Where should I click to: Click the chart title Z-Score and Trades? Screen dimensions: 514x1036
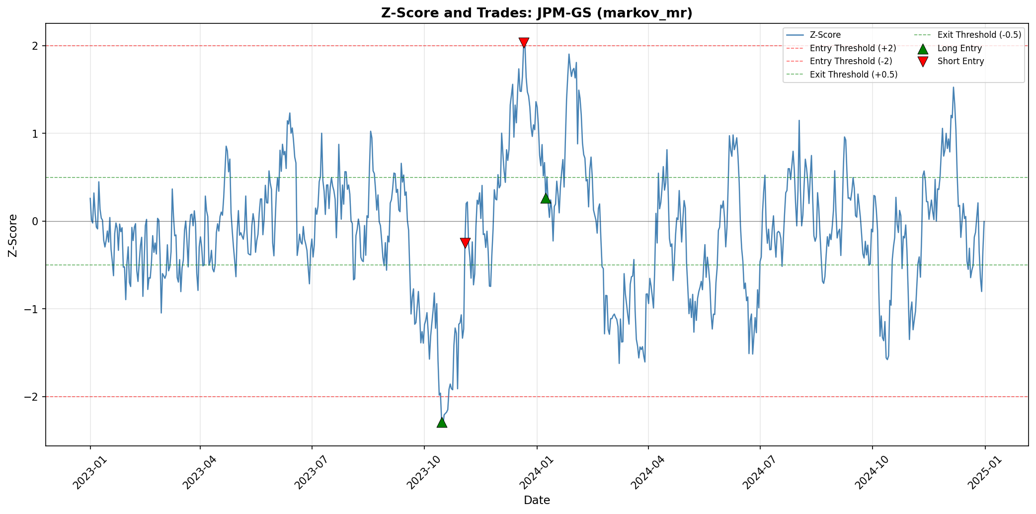tap(537, 13)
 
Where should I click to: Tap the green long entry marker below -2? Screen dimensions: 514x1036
tap(442, 422)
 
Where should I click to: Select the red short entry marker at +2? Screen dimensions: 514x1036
tap(524, 43)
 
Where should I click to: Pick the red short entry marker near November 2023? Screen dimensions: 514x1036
tap(465, 243)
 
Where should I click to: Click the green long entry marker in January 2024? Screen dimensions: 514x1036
tap(546, 198)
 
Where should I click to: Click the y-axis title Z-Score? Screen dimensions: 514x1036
tap(13, 235)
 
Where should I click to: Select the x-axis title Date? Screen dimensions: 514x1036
tap(537, 500)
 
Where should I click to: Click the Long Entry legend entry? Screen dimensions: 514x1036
tap(959, 48)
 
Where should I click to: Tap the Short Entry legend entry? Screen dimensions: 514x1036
tap(960, 61)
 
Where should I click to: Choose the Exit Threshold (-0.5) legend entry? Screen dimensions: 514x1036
tap(979, 35)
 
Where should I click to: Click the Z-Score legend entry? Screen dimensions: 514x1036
tap(825, 35)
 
